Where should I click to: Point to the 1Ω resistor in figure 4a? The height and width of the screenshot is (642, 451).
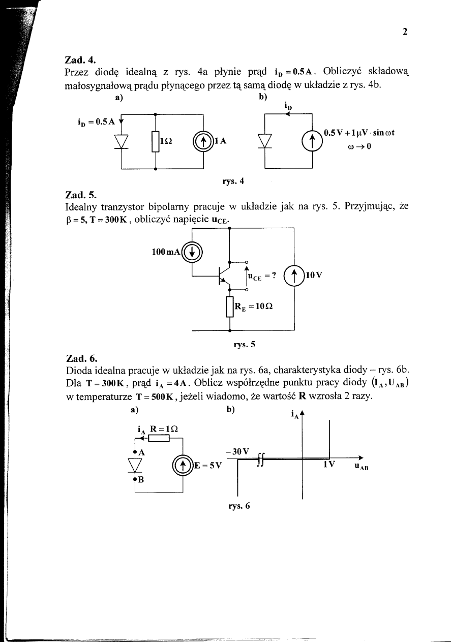pos(155,142)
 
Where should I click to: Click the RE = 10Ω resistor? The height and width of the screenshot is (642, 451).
pos(229,307)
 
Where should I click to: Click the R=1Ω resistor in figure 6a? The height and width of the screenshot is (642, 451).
pos(158,438)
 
